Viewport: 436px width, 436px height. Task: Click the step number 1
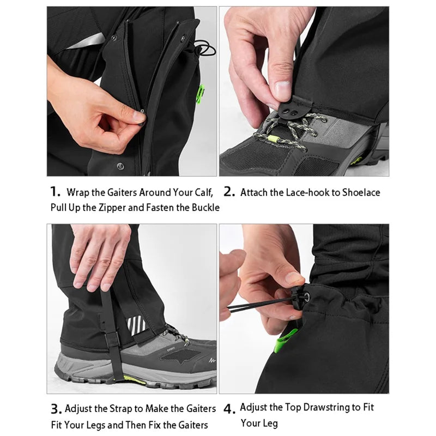[x=55, y=192]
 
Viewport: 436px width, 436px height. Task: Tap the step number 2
[x=229, y=192]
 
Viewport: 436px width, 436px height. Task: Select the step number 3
[x=57, y=409]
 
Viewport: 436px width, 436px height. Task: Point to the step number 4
[x=229, y=409]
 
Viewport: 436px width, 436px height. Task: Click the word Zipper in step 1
[x=112, y=208]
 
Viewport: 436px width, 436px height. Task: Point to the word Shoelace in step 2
[x=361, y=192]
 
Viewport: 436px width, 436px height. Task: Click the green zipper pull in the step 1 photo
[x=200, y=94]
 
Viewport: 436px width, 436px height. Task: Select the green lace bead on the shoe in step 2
[x=274, y=138]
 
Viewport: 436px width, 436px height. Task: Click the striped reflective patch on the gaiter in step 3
[x=136, y=325]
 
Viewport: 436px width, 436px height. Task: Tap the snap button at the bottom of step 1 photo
[x=120, y=166]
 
